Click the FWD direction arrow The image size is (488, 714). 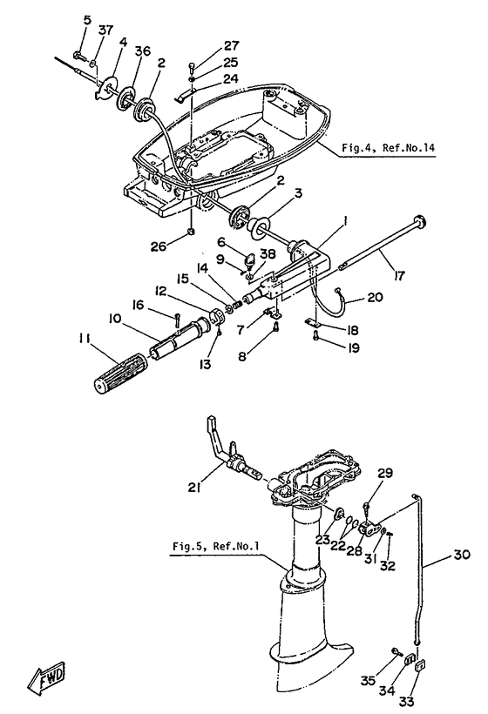[46, 677]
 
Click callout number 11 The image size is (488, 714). [84, 340]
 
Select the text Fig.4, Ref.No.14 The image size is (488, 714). [388, 148]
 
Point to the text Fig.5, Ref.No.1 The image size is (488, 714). [215, 546]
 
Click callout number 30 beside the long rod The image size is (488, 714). [461, 555]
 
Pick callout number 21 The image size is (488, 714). [194, 488]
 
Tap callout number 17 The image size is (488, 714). [399, 275]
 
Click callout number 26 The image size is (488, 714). [159, 246]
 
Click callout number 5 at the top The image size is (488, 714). [87, 20]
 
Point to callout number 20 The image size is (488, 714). [375, 297]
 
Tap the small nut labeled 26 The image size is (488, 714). [192, 232]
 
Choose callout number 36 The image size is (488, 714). [142, 51]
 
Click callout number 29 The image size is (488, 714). [385, 473]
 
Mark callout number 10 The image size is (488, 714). [115, 319]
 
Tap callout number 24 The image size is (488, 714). [231, 78]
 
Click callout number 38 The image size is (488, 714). [268, 253]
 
